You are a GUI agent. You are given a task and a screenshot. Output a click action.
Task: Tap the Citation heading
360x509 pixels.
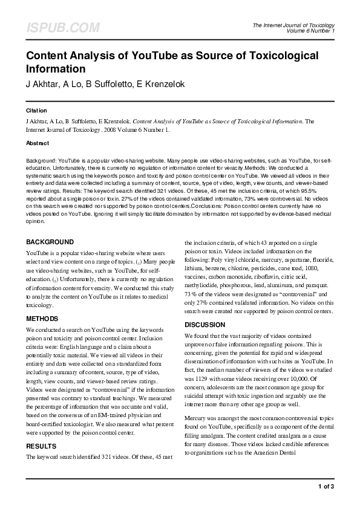pyautogui.click(x=36, y=111)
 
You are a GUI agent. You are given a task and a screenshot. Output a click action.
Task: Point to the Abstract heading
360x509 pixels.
pyautogui.click(x=38, y=143)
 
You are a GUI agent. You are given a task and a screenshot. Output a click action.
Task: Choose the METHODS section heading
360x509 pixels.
pyautogui.click(x=42, y=318)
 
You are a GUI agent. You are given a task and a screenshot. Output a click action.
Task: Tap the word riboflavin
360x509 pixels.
pyautogui.click(x=268, y=276)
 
